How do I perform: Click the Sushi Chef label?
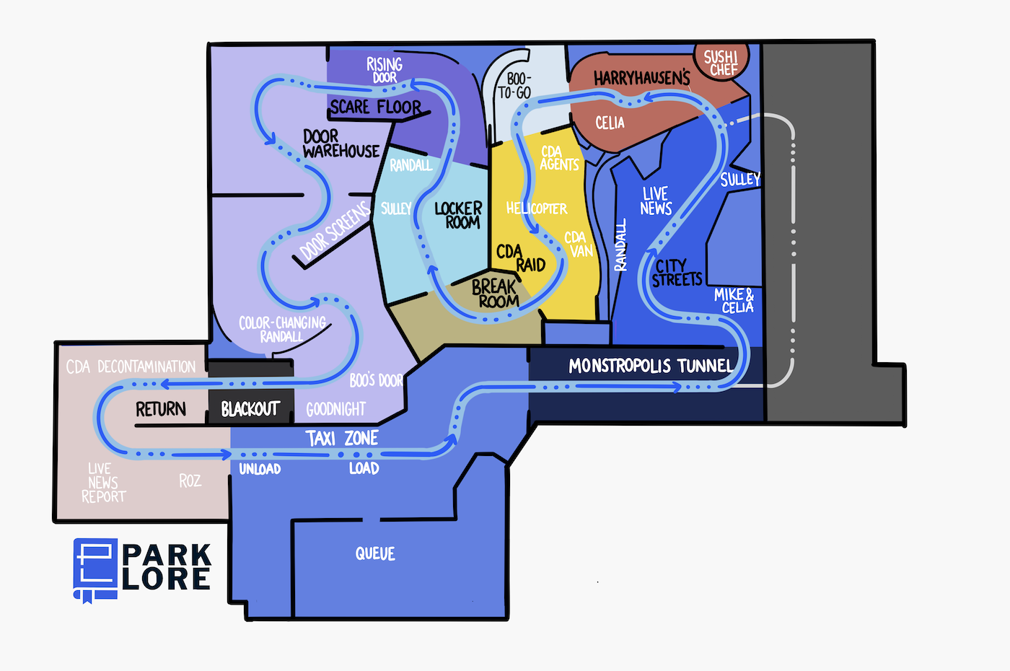coord(721,63)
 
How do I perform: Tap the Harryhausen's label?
coord(641,78)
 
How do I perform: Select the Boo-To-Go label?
coord(514,86)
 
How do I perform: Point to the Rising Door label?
coord(385,71)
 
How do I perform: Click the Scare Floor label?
coord(376,107)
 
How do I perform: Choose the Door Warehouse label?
coord(341,144)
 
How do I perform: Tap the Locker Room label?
coord(459,215)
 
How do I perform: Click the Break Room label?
coord(495,294)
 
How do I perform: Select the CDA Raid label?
coord(521,258)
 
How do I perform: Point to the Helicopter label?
coord(537,209)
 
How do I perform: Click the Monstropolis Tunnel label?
coord(651,366)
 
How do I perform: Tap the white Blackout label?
coord(250,409)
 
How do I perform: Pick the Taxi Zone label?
coord(342,439)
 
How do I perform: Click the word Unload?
coord(260,469)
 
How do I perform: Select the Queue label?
coord(375,554)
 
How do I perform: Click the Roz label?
coord(190,481)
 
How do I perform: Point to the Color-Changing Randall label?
coord(282,330)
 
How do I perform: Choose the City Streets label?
coord(677,273)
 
